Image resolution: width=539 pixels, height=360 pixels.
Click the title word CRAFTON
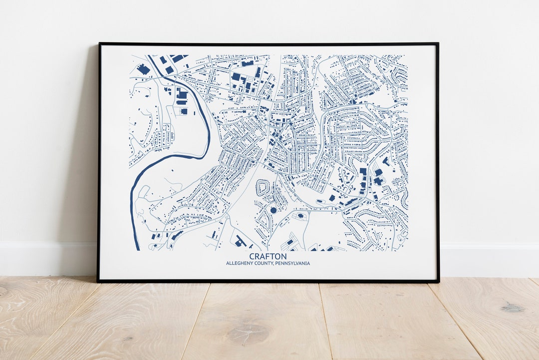click(268, 256)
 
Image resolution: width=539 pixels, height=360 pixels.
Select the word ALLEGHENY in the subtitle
click(241, 263)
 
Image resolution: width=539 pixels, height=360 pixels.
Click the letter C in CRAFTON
click(252, 256)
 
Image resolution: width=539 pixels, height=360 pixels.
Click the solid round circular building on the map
click(273, 210)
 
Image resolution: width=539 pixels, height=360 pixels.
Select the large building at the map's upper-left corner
click(143, 69)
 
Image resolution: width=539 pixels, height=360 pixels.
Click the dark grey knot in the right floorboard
click(513, 308)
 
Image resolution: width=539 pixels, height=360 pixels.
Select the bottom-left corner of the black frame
click(98, 281)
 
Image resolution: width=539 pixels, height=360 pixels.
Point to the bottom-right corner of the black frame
click(438, 281)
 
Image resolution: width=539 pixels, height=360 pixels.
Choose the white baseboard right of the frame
click(489, 260)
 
